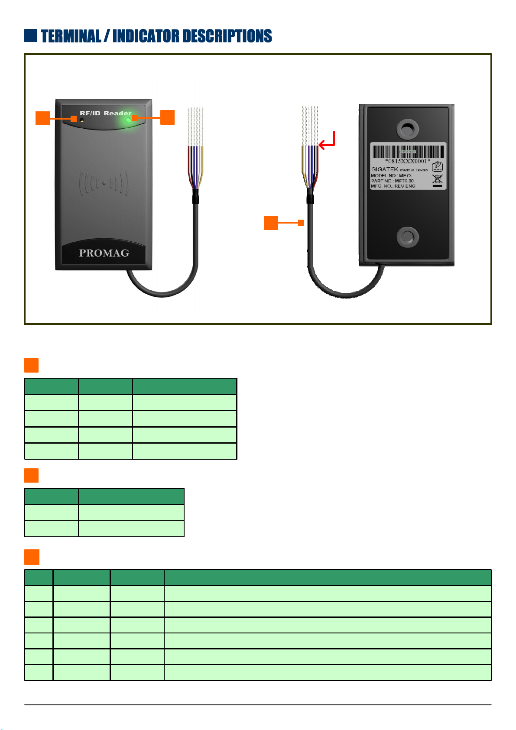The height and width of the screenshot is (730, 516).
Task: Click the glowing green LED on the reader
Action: (128, 120)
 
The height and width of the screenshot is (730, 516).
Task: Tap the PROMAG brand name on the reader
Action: (104, 253)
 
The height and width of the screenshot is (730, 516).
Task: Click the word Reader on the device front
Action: (117, 113)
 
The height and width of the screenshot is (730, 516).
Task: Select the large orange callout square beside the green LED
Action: (167, 117)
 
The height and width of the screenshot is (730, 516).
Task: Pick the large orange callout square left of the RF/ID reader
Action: (42, 118)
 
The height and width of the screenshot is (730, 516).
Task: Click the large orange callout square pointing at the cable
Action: (271, 223)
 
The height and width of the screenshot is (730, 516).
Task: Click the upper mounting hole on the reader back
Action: (407, 128)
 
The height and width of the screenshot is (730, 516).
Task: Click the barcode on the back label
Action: (408, 152)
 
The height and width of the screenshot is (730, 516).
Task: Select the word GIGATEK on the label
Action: (384, 169)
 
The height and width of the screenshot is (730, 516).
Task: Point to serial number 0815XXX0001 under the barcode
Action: (408, 161)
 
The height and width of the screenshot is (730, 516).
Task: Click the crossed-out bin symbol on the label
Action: (438, 178)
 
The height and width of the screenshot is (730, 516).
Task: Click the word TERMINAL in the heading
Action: (71, 36)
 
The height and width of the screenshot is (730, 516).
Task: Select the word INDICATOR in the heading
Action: (145, 36)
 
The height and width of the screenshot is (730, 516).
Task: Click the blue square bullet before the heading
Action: (31, 36)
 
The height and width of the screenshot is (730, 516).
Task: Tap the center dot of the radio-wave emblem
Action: (104, 183)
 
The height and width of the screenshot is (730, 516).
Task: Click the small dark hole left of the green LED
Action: (82, 120)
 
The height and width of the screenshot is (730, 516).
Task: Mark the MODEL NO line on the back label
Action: (391, 175)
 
